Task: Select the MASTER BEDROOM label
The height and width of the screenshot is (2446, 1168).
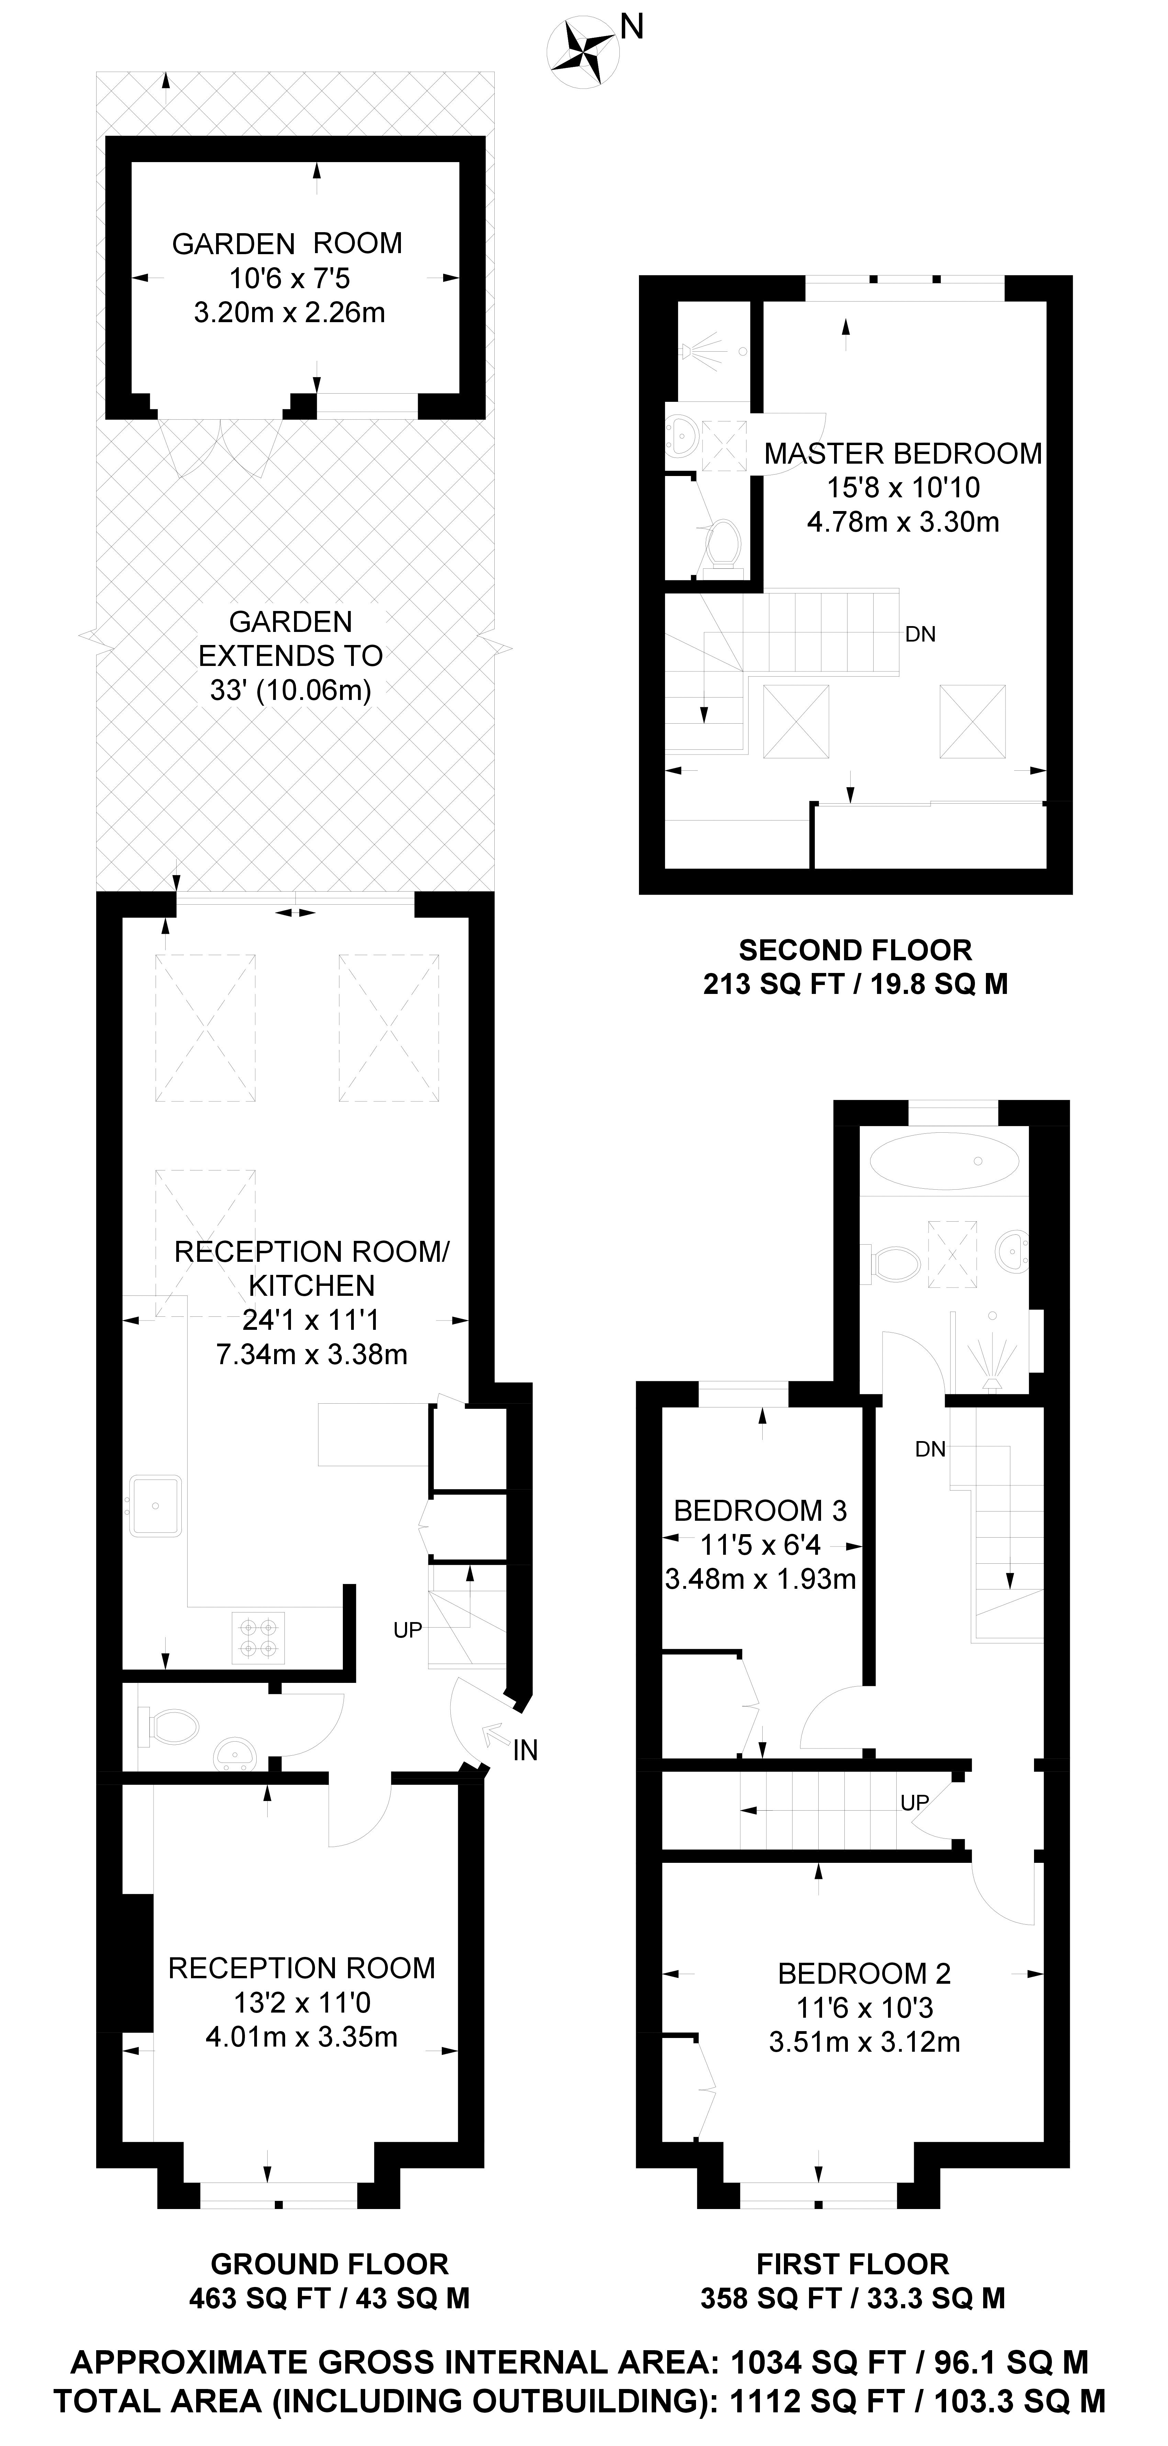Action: pyautogui.click(x=903, y=454)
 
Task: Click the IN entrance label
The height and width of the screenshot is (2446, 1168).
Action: pyautogui.click(x=525, y=1750)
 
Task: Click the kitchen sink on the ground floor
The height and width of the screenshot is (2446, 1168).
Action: pyautogui.click(x=156, y=1505)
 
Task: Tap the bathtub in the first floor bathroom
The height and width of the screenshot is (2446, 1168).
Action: pyautogui.click(x=945, y=1160)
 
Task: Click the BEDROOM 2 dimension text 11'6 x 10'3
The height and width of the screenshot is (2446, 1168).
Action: pyautogui.click(x=864, y=2007)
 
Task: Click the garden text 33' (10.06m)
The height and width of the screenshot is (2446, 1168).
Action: pyautogui.click(x=291, y=690)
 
